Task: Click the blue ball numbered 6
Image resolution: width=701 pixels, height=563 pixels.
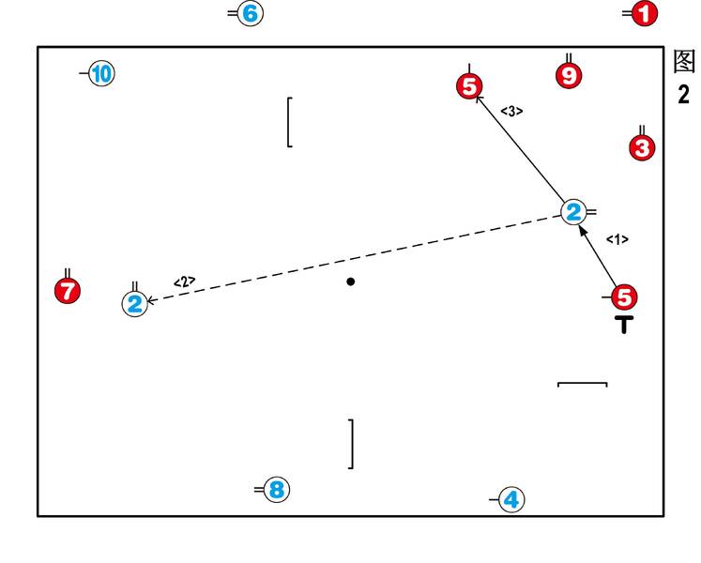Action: (250, 14)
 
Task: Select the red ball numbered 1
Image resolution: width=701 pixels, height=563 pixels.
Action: (645, 14)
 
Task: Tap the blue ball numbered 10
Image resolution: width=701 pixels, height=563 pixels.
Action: (101, 73)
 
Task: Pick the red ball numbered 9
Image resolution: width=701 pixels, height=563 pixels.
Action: (569, 75)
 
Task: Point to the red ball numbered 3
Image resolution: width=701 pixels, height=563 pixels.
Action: (642, 147)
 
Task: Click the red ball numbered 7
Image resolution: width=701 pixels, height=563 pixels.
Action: (67, 291)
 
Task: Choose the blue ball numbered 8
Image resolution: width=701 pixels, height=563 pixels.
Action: (276, 490)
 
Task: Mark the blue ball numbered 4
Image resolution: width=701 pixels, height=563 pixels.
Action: (511, 500)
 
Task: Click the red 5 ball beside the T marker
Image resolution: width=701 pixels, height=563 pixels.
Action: (625, 297)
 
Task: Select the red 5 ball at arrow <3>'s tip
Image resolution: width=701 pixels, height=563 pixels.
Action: (469, 85)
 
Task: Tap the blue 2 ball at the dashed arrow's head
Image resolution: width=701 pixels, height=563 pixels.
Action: (135, 303)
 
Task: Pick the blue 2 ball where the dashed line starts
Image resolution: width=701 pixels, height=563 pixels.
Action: (573, 212)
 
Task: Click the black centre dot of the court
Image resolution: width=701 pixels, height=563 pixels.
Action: (351, 281)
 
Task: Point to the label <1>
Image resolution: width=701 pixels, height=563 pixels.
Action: (617, 239)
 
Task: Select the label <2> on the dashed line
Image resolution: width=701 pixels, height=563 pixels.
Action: (185, 281)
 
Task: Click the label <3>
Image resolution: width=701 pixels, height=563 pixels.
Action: (511, 111)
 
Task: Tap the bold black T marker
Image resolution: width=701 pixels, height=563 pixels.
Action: (624, 326)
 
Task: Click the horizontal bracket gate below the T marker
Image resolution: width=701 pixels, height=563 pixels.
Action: (583, 384)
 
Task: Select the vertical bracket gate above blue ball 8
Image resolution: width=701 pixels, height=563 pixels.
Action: (351, 444)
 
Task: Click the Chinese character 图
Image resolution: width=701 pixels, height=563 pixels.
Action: (684, 62)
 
